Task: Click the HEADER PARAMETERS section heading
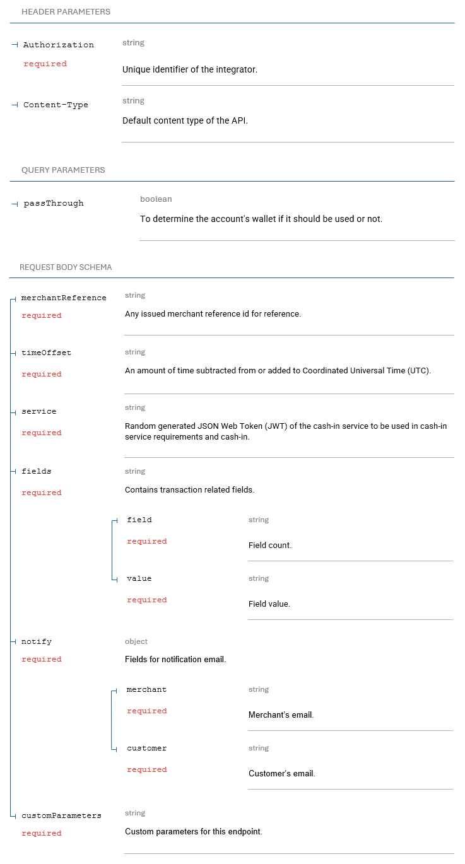(66, 12)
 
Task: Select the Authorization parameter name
(58, 45)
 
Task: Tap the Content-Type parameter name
(56, 105)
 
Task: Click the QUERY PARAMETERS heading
(63, 170)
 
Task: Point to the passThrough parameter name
(54, 203)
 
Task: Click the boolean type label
(156, 199)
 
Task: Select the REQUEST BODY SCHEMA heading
(66, 267)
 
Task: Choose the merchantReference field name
(64, 298)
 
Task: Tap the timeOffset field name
(46, 353)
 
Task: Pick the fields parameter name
(37, 471)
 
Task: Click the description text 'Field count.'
(270, 546)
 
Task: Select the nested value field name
(139, 578)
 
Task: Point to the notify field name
(37, 641)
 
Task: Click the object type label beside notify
(136, 641)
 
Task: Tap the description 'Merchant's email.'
(281, 715)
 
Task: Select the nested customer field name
(146, 748)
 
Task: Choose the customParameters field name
(61, 815)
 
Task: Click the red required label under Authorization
(45, 64)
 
